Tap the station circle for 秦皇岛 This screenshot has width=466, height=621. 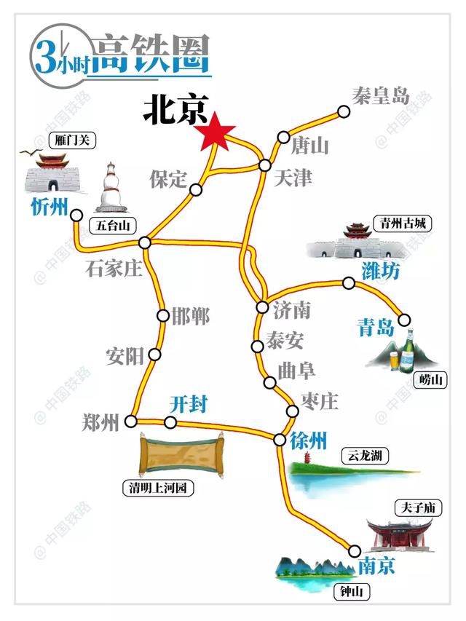[344, 111]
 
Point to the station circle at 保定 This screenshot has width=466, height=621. [196, 190]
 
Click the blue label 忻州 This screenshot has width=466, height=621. [49, 208]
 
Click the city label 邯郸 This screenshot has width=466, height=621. [190, 316]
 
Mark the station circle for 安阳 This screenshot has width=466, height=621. [154, 355]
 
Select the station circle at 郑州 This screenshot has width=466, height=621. [131, 421]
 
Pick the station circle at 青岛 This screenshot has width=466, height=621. [404, 319]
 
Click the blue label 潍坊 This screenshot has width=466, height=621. [380, 272]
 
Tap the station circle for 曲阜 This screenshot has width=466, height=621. [270, 382]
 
